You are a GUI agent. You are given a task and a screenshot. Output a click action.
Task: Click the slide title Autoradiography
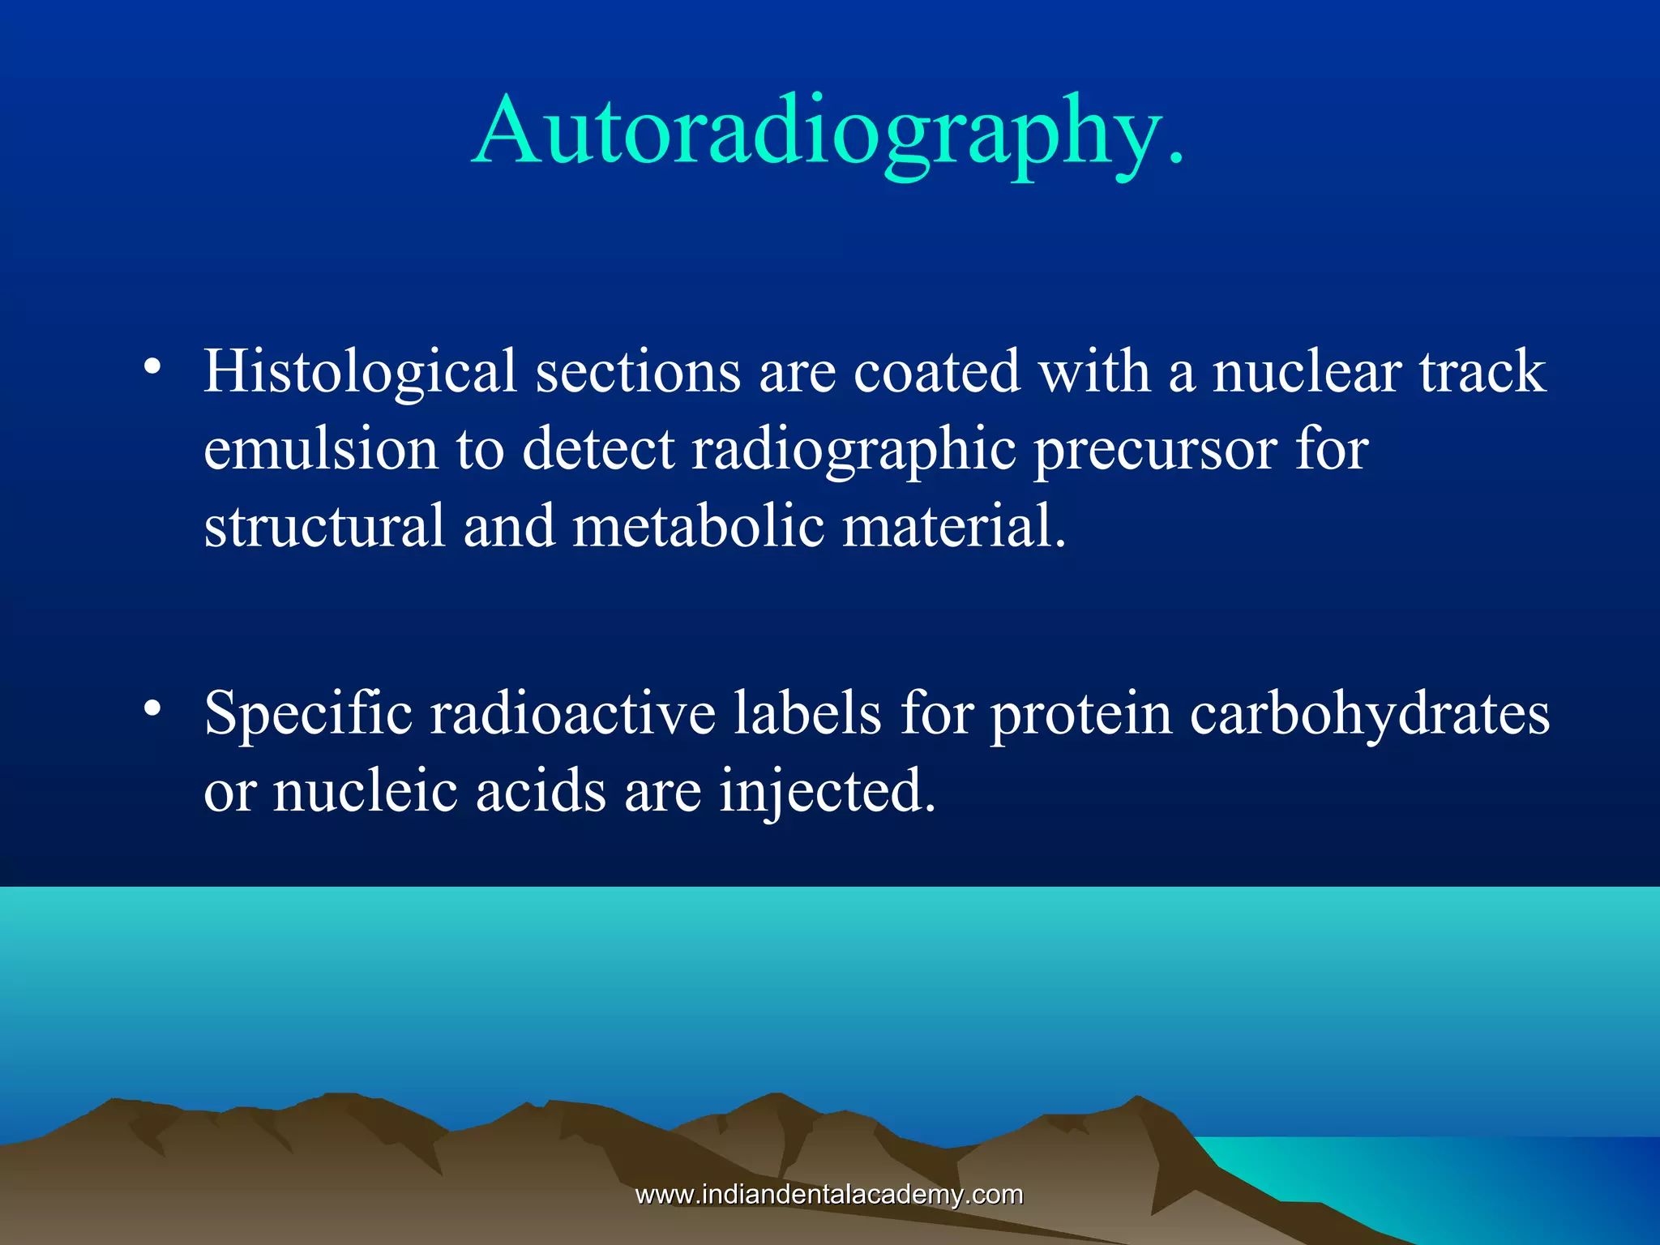coord(828,131)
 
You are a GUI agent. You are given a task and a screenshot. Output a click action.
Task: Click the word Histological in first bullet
coord(360,372)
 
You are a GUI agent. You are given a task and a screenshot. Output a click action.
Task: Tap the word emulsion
coord(320,449)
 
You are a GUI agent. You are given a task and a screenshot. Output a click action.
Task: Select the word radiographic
coord(853,451)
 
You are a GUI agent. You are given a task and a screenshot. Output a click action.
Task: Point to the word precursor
coord(1155,451)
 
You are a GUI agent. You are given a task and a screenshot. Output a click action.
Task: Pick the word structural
coord(324,526)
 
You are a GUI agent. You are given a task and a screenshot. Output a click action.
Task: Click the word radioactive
coord(572,713)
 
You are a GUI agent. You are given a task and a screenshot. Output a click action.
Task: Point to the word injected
coord(827,793)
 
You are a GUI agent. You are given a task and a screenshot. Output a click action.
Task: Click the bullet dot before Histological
coord(152,367)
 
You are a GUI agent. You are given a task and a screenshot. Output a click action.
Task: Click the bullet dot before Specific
coord(152,709)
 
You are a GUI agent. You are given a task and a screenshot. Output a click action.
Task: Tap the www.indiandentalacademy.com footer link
coord(828,1194)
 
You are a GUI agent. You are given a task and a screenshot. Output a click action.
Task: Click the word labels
coord(807,713)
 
